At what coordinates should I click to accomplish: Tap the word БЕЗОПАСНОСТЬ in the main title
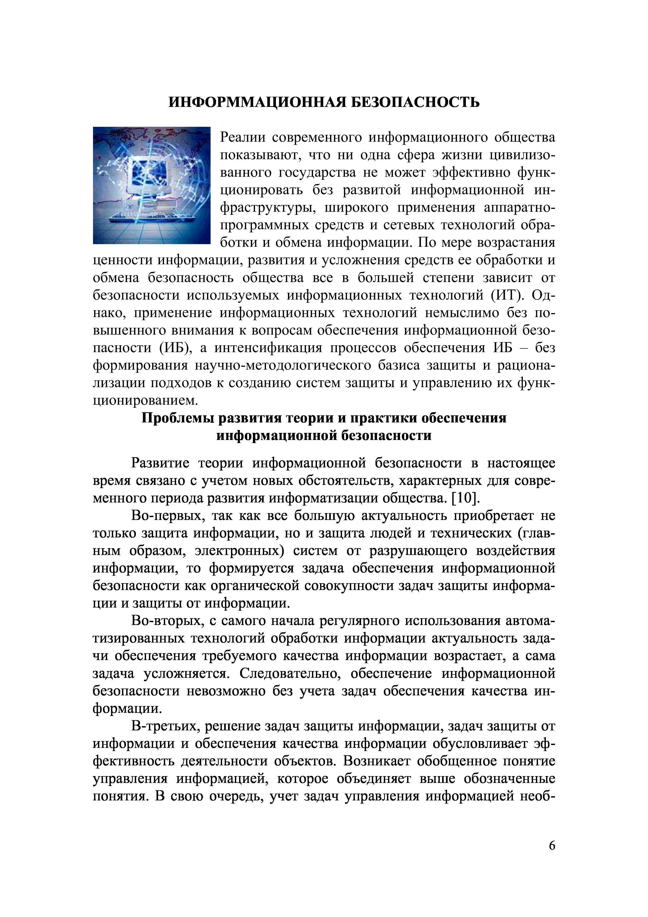[x=415, y=102]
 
